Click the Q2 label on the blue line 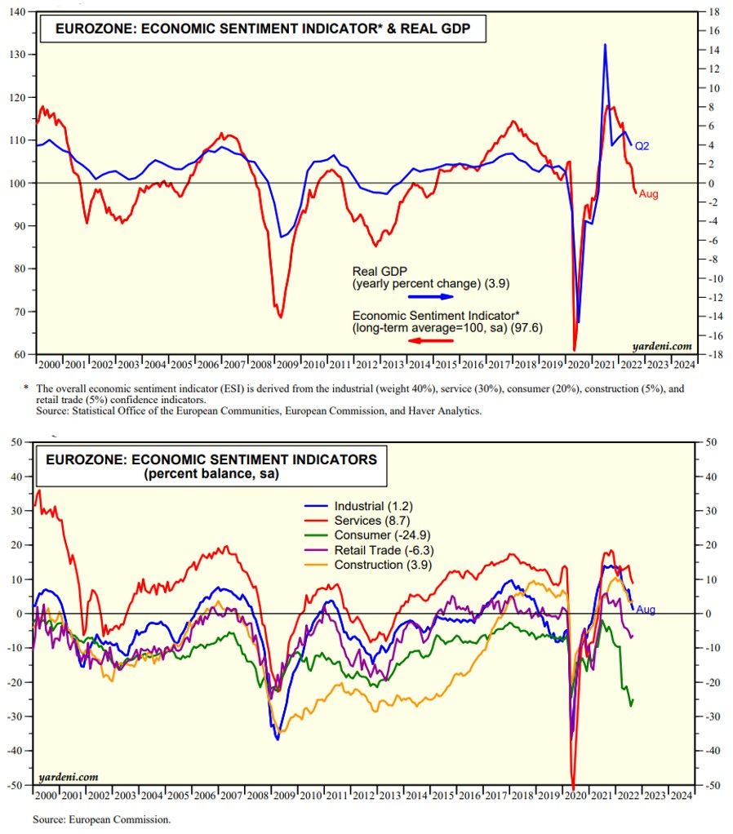pos(642,146)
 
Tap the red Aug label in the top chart pos(648,194)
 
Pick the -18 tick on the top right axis pos(712,355)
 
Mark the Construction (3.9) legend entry pos(380,565)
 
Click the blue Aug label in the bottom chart pos(646,610)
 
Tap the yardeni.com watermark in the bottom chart pos(69,776)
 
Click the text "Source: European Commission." pos(101,818)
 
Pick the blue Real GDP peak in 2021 pos(605,45)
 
